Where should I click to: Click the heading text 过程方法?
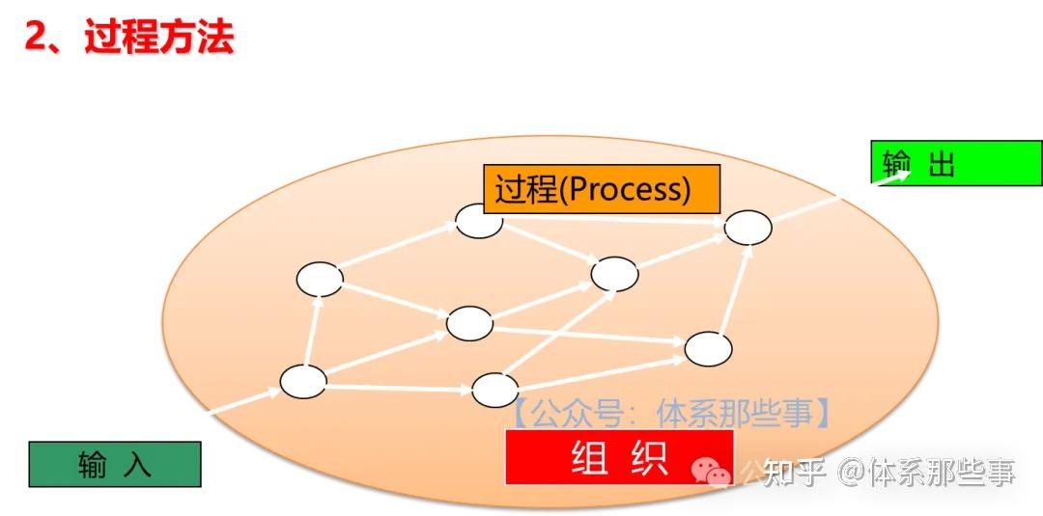click(159, 39)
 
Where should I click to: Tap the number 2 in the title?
click(37, 39)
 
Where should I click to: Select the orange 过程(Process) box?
click(602, 188)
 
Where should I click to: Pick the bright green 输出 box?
click(956, 163)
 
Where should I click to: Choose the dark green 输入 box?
click(114, 464)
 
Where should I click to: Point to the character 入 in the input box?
click(138, 465)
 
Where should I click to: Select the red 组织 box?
click(619, 457)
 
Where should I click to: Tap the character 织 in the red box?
click(648, 457)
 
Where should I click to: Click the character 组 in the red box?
click(590, 457)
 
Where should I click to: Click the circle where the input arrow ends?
click(303, 381)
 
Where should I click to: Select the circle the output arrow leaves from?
click(747, 227)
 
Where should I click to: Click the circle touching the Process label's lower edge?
click(479, 220)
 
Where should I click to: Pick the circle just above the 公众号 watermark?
click(494, 389)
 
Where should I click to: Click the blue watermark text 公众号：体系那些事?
click(669, 415)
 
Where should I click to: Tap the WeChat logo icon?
click(714, 472)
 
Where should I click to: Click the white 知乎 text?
click(795, 473)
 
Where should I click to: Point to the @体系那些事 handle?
click(927, 473)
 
